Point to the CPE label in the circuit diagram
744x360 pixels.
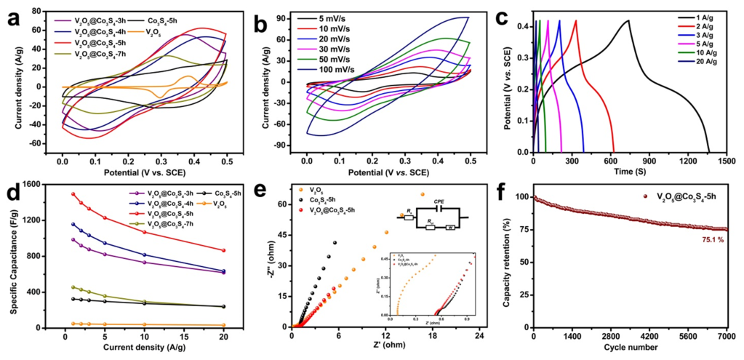[x=439, y=205]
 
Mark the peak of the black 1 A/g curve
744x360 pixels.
[x=628, y=20]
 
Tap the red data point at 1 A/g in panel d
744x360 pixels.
[x=73, y=194]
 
